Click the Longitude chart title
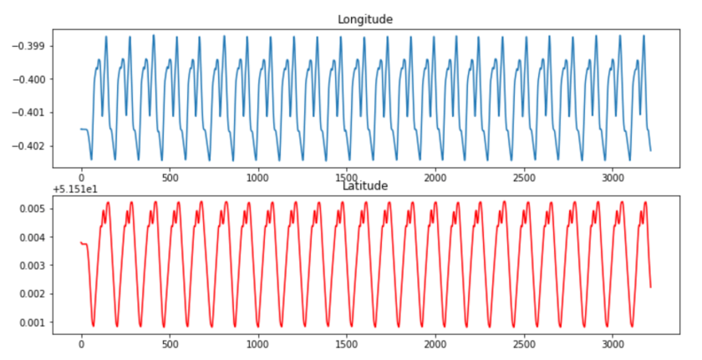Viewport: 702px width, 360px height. [364, 18]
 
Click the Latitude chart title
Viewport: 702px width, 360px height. [364, 186]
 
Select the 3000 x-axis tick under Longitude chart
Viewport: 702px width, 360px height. [612, 178]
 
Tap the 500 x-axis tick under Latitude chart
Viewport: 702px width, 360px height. [170, 344]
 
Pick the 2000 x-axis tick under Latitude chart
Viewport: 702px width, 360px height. [435, 344]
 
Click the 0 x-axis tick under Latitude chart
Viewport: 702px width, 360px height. [81, 344]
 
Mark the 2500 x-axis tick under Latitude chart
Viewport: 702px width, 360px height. [523, 344]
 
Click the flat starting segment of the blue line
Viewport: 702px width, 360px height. [84, 129]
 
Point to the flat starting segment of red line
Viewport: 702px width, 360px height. [84, 243]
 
